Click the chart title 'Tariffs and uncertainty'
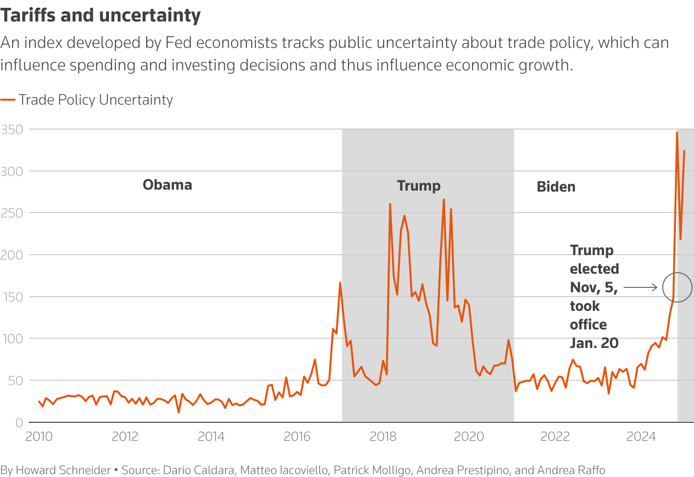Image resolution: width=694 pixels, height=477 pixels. (100, 16)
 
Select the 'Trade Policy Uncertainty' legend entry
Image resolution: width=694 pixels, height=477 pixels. (96, 100)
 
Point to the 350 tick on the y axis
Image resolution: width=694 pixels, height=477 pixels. (12, 130)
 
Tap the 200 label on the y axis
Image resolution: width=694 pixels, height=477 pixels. (12, 255)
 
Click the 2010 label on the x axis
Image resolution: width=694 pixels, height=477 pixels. (39, 436)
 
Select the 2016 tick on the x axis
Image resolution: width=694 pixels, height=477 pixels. (297, 436)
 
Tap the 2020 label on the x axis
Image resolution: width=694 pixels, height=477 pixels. (469, 436)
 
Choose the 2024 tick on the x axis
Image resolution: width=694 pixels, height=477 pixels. (641, 436)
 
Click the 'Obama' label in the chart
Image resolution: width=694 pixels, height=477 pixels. (167, 185)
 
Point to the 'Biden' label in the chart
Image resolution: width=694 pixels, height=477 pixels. (556, 187)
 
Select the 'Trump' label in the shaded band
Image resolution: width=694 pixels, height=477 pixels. (418, 186)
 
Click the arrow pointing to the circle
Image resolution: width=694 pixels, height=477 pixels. (640, 287)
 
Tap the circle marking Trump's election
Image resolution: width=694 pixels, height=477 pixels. (677, 287)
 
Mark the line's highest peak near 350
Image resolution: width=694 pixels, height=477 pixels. (677, 132)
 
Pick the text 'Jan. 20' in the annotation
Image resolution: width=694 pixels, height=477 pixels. (594, 343)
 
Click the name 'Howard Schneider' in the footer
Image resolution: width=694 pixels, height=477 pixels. (63, 470)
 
